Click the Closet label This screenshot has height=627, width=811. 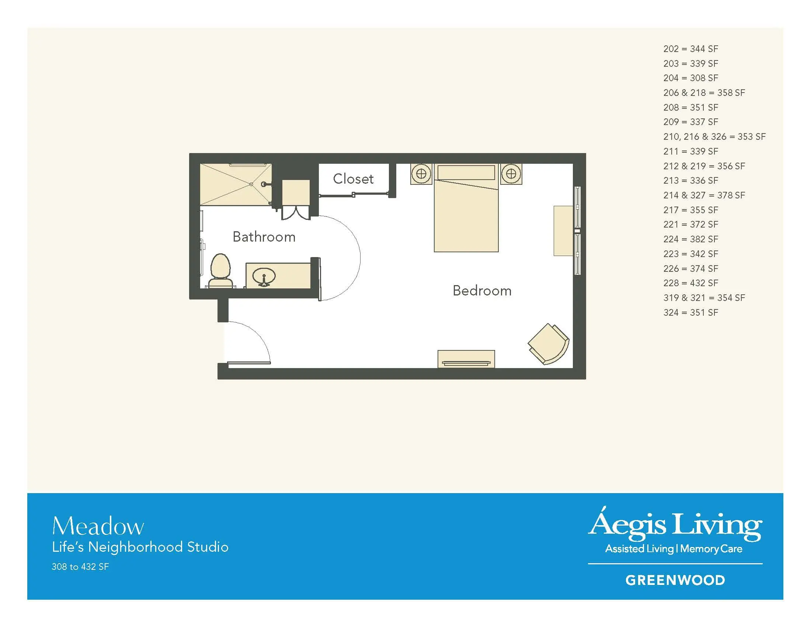pyautogui.click(x=353, y=179)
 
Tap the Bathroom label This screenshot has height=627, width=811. pyautogui.click(x=264, y=237)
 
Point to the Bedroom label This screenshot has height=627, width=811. pyautogui.click(x=482, y=291)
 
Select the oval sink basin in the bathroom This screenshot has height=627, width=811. pyautogui.click(x=264, y=276)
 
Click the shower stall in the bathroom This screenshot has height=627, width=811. pyautogui.click(x=236, y=184)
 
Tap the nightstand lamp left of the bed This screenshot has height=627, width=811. pyautogui.click(x=421, y=174)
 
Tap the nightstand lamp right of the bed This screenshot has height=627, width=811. pyautogui.click(x=511, y=174)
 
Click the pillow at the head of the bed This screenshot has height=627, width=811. pyautogui.click(x=466, y=172)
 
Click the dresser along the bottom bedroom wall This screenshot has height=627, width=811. pyautogui.click(x=466, y=359)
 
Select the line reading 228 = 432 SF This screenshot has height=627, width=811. pyautogui.click(x=691, y=283)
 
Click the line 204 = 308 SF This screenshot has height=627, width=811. pyautogui.click(x=691, y=78)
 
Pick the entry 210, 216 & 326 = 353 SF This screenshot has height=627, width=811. pyautogui.click(x=714, y=137)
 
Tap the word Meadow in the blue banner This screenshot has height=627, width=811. pyautogui.click(x=98, y=526)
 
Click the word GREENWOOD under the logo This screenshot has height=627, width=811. pyautogui.click(x=675, y=580)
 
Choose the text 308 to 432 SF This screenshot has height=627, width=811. pyautogui.click(x=80, y=567)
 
